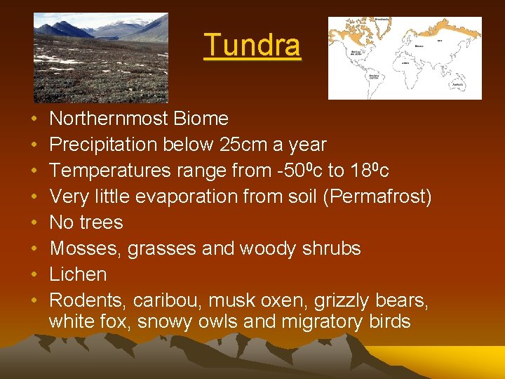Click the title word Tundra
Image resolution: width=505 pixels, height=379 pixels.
252,46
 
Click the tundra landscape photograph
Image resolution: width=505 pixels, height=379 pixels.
101,58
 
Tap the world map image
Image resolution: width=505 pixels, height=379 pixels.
405,58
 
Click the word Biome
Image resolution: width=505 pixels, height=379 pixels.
202,119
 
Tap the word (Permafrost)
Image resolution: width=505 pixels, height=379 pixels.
380,197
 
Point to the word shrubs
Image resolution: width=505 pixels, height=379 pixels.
330,248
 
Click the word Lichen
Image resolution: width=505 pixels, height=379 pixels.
78,274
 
